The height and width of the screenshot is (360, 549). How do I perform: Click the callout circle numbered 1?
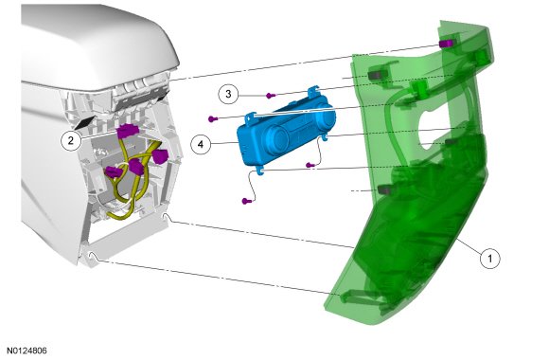pos(489,259)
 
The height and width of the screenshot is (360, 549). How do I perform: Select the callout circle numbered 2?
pos(71,141)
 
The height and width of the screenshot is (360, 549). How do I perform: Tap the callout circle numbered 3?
pos(228,94)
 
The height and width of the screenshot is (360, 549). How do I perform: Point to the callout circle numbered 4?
pos(201,144)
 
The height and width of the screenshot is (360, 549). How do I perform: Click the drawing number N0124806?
pos(27,351)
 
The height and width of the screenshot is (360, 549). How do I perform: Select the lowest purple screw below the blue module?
pos(247,201)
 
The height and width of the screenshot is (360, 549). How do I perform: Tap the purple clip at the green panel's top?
pos(446,44)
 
